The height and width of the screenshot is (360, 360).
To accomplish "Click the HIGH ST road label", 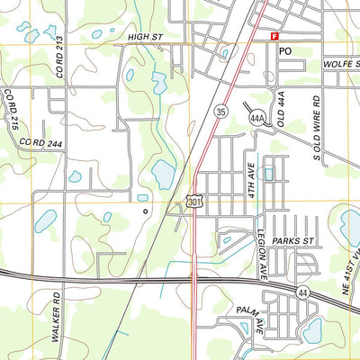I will [x=149, y=36].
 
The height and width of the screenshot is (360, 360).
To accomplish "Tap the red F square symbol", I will [x=274, y=35].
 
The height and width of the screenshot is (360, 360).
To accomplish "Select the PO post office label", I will [x=286, y=51].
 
